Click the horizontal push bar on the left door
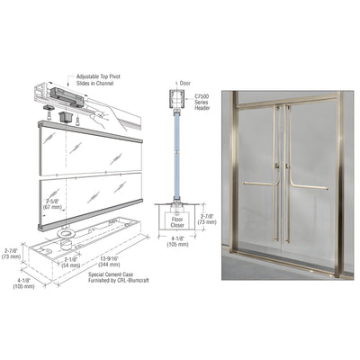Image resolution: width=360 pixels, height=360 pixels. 259,184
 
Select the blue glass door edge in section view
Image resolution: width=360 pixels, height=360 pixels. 175,153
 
